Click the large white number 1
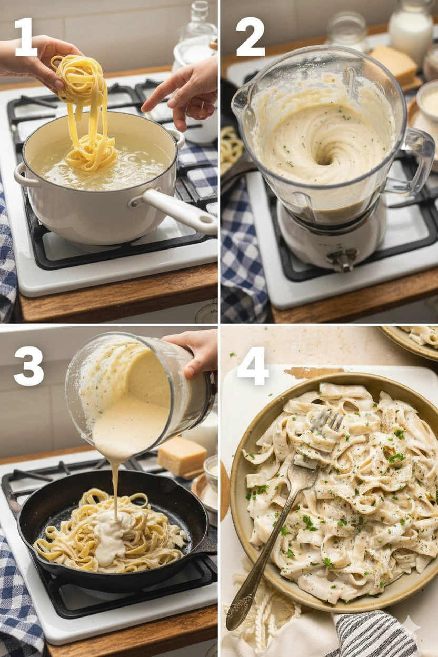point(26,37)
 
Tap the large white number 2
point(250,37)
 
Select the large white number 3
point(28,366)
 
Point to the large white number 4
point(253,366)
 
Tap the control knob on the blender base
point(343,257)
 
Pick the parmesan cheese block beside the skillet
point(182,455)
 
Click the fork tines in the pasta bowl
point(328,422)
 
